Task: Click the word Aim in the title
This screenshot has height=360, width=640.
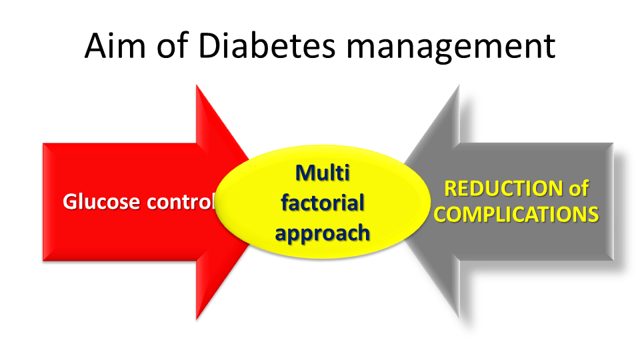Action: coord(115,45)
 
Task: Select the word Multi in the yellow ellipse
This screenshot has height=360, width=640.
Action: coord(323,173)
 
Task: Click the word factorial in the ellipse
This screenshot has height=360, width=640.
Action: coord(323,203)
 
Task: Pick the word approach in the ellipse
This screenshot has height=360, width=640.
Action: coord(323,233)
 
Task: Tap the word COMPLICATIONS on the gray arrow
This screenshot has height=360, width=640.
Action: coord(516,215)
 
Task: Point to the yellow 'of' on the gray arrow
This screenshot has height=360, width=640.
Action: coord(579,189)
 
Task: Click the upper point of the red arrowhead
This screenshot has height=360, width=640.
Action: coord(196,85)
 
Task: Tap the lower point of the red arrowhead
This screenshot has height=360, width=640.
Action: coord(196,319)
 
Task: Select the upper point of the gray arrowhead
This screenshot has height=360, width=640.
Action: coord(459,85)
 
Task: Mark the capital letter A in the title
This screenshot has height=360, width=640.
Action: coord(96,45)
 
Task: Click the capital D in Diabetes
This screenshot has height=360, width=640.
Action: coord(210,46)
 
